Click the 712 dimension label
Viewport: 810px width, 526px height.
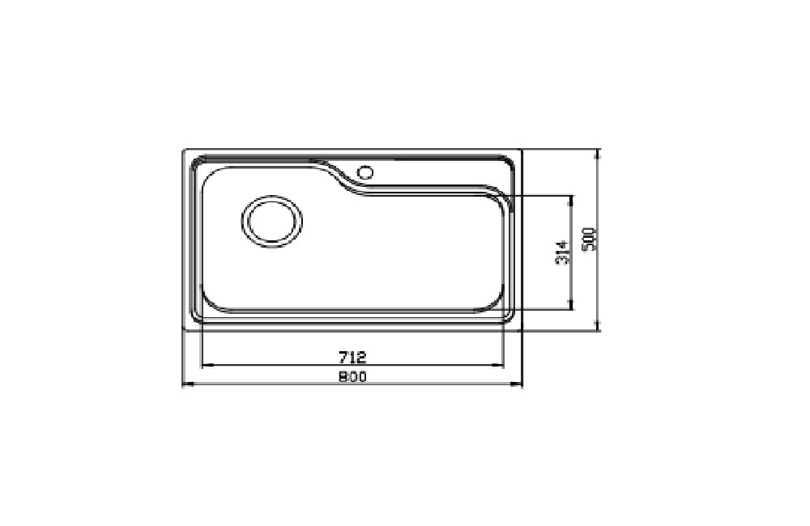[x=352, y=357]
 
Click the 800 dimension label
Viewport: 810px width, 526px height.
[x=352, y=377]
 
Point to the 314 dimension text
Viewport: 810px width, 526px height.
[x=563, y=252]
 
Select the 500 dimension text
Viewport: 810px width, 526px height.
[x=590, y=239]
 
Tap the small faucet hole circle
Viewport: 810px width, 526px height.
[x=365, y=172]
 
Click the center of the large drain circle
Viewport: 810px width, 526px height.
[x=271, y=222]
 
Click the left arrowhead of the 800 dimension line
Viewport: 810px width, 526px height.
[x=188, y=384]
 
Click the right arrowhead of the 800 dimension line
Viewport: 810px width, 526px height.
[x=517, y=384]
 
